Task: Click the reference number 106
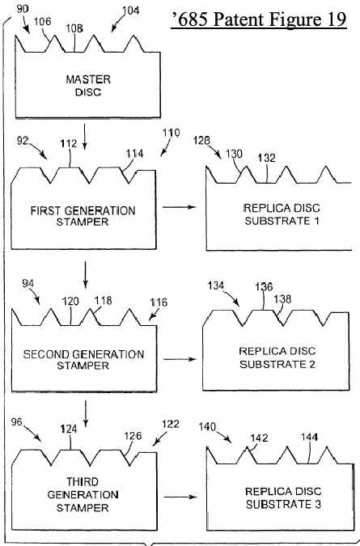[x=42, y=22]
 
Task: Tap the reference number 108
[x=74, y=28]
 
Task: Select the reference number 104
[x=131, y=11]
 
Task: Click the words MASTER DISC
[x=88, y=86]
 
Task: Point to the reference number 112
[x=69, y=143]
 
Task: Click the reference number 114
[x=134, y=154]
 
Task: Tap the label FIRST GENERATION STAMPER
[x=83, y=216]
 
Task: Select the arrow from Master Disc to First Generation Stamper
[x=85, y=136]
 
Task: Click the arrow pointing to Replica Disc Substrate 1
[x=180, y=207]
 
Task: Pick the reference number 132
[x=267, y=158]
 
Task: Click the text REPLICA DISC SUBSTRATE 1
[x=282, y=214]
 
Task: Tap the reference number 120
[x=70, y=302]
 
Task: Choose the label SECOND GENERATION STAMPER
[x=83, y=360]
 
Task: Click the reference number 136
[x=264, y=287]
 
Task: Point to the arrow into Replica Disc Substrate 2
[x=180, y=359]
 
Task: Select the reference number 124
[x=69, y=430]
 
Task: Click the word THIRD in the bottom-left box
[x=83, y=482]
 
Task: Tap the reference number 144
[x=310, y=438]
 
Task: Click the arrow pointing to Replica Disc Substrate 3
[x=180, y=497]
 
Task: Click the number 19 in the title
[x=337, y=19]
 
